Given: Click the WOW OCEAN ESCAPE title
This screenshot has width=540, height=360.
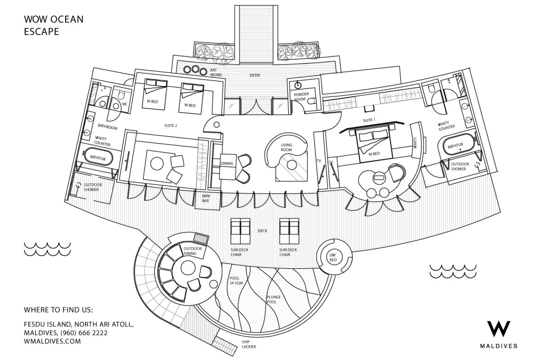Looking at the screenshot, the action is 54,25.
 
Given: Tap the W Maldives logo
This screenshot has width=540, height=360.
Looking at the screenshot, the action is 499,334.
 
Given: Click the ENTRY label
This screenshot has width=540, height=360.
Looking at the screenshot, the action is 255,75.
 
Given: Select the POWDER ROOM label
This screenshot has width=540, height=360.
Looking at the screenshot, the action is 301,96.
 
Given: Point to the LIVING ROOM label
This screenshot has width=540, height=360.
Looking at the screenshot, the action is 286,147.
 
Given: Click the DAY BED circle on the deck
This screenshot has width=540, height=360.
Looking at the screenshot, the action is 334,256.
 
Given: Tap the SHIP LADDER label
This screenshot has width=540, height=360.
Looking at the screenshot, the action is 249,344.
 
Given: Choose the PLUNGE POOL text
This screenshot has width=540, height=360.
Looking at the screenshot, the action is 274,299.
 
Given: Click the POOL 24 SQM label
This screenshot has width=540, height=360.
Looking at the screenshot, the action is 236,280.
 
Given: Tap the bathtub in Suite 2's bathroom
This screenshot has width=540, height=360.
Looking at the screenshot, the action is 98,157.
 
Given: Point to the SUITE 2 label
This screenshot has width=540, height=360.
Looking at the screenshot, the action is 171,126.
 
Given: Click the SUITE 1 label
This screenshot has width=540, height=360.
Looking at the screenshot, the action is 369,120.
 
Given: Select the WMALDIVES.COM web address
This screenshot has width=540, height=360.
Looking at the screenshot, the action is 52,341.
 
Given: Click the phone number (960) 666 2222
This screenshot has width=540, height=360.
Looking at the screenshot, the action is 84,333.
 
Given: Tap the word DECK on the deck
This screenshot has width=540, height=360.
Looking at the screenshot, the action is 262,231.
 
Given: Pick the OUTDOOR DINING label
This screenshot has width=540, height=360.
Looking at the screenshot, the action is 193,251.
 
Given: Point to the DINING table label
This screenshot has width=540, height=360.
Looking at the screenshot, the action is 227,163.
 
